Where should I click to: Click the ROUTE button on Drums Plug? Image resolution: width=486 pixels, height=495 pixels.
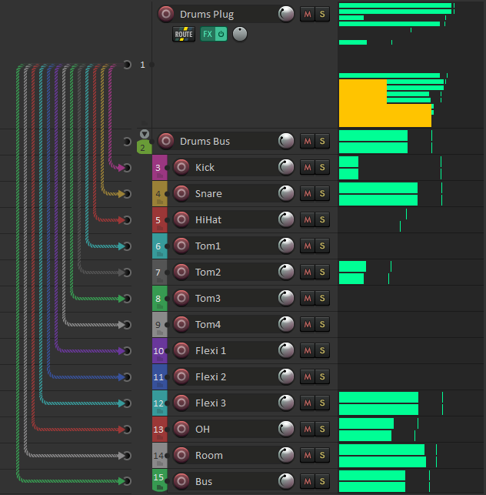pos(184,34)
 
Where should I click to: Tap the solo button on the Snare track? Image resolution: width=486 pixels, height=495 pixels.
pos(322,193)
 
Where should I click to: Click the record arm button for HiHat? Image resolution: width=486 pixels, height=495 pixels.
pos(181,219)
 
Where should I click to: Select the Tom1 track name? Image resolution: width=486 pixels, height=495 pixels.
pos(208,246)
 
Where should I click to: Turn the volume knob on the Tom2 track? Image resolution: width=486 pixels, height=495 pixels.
pos(286,272)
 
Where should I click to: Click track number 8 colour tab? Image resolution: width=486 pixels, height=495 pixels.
pos(159,298)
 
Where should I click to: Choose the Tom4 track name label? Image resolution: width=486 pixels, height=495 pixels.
pos(208,324)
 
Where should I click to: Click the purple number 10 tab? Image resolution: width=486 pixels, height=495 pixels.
pos(159,350)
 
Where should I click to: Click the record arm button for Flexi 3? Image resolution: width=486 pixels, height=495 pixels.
pos(181,403)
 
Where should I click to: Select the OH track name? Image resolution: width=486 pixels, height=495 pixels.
pos(202,429)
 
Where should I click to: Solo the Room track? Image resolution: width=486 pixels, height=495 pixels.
pos(322,455)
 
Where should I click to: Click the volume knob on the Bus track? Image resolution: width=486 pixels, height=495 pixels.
pos(286,481)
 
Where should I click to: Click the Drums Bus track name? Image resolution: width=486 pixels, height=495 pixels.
pos(205,141)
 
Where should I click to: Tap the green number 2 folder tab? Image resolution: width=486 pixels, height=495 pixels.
pos(143,147)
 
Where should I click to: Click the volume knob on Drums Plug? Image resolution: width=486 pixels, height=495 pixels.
pos(286,14)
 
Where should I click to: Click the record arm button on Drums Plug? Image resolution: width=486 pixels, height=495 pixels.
pos(165,14)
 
